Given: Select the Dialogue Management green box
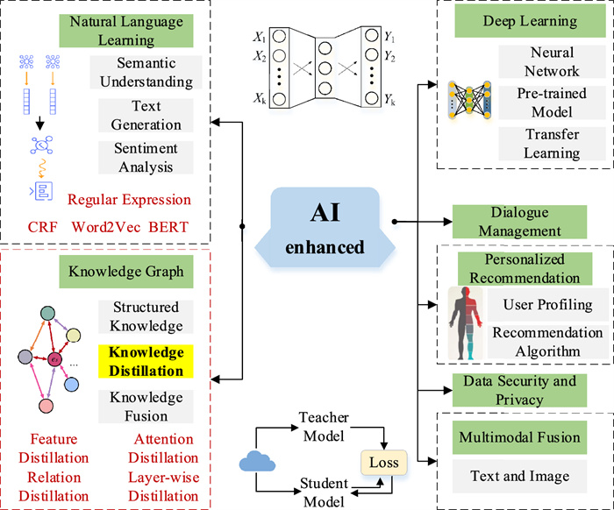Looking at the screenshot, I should (x=518, y=222).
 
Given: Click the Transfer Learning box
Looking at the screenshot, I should (x=553, y=144).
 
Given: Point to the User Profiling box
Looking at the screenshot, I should (x=547, y=305).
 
